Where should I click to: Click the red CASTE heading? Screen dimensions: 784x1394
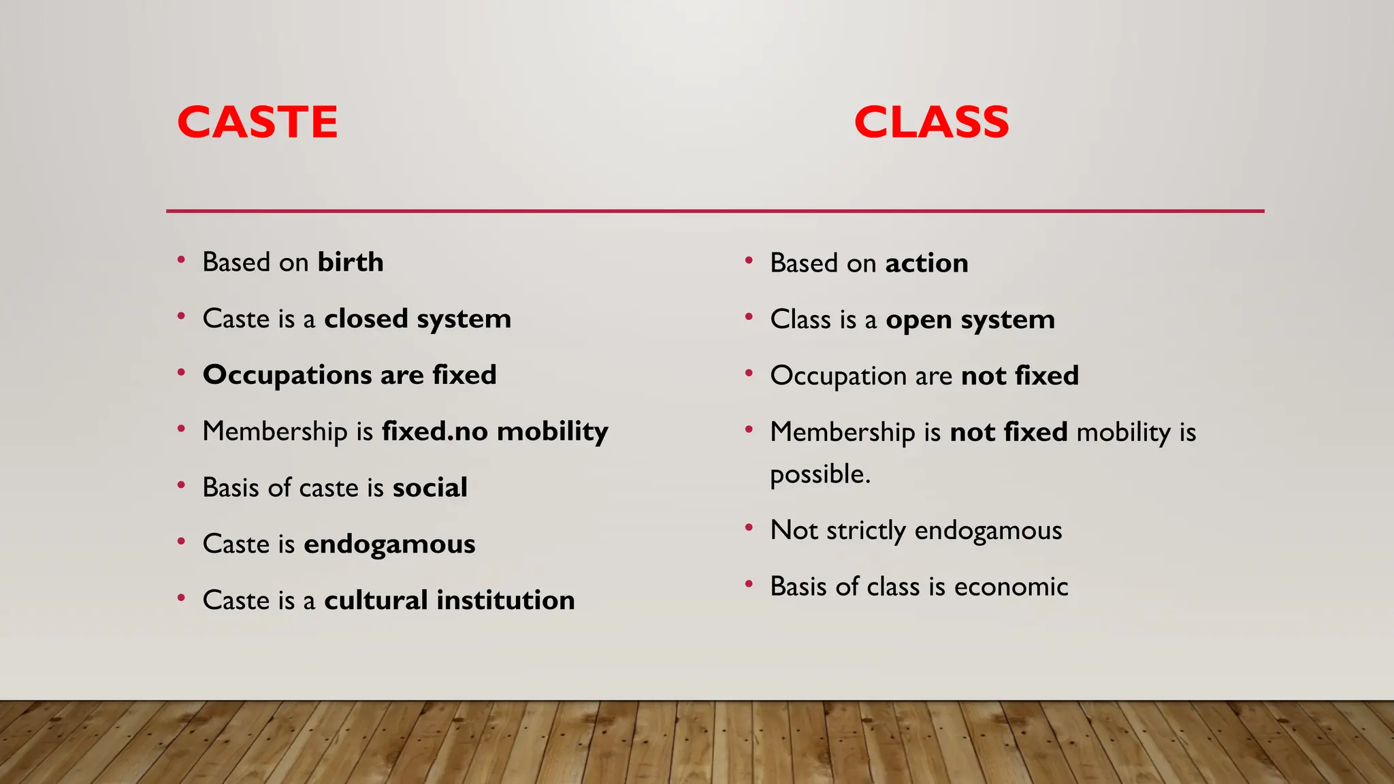click(x=257, y=122)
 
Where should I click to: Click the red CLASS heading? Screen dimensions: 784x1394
click(x=931, y=122)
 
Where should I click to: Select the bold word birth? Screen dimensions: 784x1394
click(x=351, y=262)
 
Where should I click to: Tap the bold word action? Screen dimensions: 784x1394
click(x=926, y=263)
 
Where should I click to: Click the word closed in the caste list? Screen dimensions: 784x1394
click(x=366, y=318)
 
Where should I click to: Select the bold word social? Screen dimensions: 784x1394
click(x=429, y=487)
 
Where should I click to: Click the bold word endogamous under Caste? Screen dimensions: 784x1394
click(x=389, y=544)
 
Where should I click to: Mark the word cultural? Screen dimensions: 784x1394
click(x=376, y=600)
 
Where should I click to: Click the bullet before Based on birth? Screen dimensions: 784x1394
click(x=181, y=260)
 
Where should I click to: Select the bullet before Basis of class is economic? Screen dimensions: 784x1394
click(x=749, y=584)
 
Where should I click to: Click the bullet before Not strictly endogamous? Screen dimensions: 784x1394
click(x=749, y=527)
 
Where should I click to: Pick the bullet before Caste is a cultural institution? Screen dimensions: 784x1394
click(x=181, y=598)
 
